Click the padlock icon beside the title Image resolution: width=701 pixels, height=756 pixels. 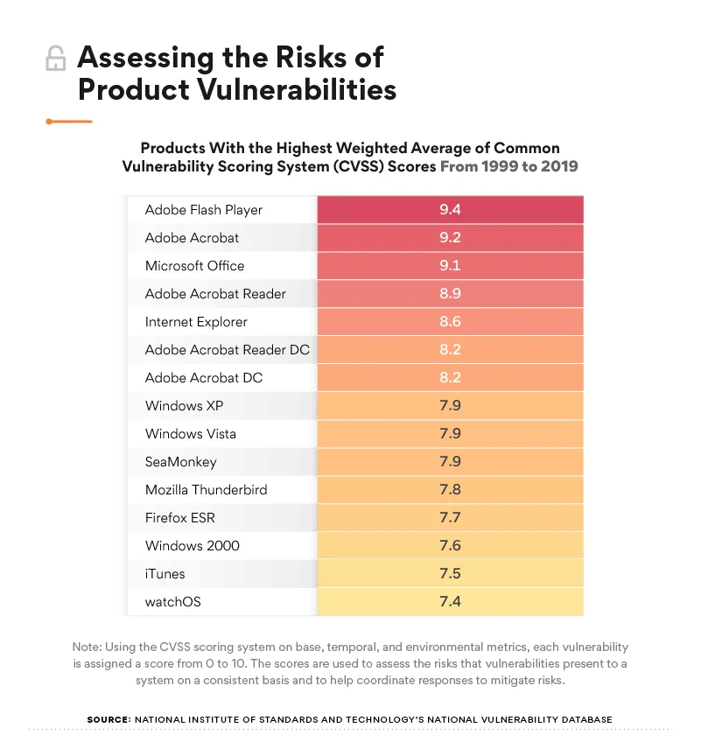(x=55, y=59)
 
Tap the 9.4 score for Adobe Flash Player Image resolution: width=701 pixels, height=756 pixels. (x=450, y=210)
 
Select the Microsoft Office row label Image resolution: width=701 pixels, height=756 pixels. (x=194, y=266)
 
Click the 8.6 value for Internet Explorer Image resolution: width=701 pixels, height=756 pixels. (x=450, y=322)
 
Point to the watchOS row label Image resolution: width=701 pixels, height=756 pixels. (x=173, y=602)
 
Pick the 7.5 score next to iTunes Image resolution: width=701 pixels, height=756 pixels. (x=450, y=574)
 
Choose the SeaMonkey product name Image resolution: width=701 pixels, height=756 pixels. (x=180, y=462)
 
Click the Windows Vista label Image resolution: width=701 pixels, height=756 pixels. (x=190, y=434)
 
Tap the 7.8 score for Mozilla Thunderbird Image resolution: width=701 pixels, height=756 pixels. (x=450, y=490)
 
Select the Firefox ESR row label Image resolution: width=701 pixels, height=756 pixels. (x=179, y=518)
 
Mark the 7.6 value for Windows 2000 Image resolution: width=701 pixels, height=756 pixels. (x=450, y=546)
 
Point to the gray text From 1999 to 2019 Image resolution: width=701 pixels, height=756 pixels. (x=509, y=166)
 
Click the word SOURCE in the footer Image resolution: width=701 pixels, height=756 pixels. (x=107, y=719)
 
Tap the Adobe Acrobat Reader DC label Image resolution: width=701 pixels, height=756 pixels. (x=227, y=350)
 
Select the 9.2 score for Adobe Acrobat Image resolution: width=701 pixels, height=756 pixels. (x=450, y=238)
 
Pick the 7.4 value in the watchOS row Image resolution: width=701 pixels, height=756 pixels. (x=450, y=602)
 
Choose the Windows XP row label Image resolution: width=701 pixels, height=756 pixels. (x=185, y=406)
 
